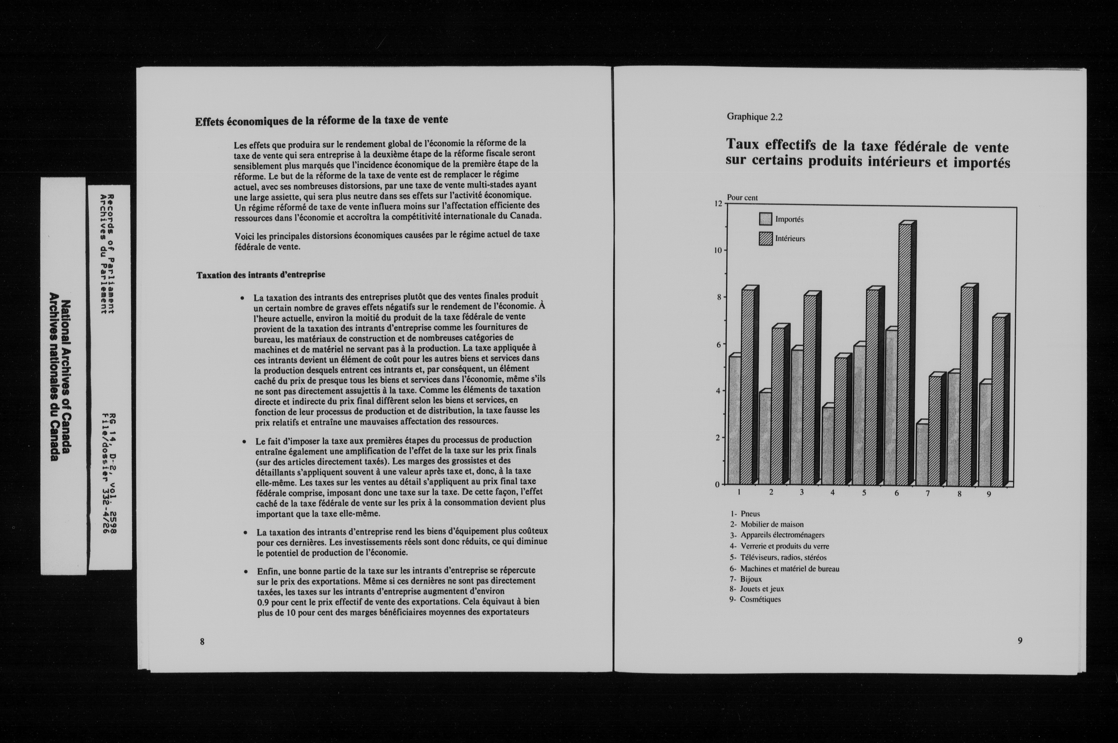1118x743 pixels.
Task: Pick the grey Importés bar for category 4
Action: [x=828, y=445]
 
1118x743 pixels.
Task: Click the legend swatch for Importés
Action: [x=765, y=219]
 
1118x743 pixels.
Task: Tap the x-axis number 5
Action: [x=864, y=493]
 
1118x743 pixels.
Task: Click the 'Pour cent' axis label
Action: [x=742, y=198]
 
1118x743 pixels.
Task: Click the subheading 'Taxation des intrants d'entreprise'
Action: [x=261, y=275]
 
